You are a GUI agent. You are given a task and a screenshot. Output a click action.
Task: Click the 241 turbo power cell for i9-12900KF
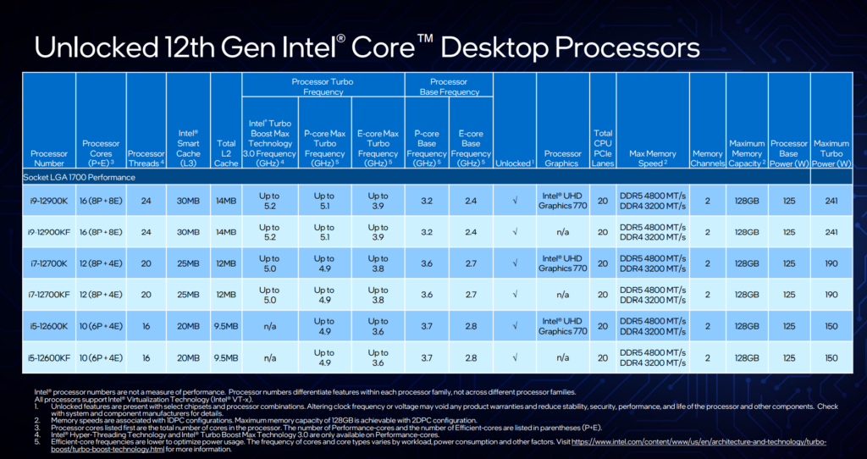(x=831, y=231)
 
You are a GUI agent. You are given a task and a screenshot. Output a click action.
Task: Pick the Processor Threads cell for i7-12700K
(x=146, y=263)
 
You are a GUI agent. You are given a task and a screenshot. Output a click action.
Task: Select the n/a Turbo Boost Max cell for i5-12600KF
(x=270, y=357)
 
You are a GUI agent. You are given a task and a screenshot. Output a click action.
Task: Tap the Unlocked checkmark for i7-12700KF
(x=514, y=295)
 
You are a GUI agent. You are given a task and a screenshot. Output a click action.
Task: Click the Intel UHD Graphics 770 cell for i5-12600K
(x=562, y=326)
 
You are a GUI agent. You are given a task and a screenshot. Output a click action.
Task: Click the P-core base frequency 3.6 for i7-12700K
(x=427, y=263)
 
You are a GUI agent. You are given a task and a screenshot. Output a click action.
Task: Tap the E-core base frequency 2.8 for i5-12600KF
(x=471, y=357)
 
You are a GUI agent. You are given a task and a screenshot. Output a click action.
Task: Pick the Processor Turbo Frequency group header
(x=323, y=86)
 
